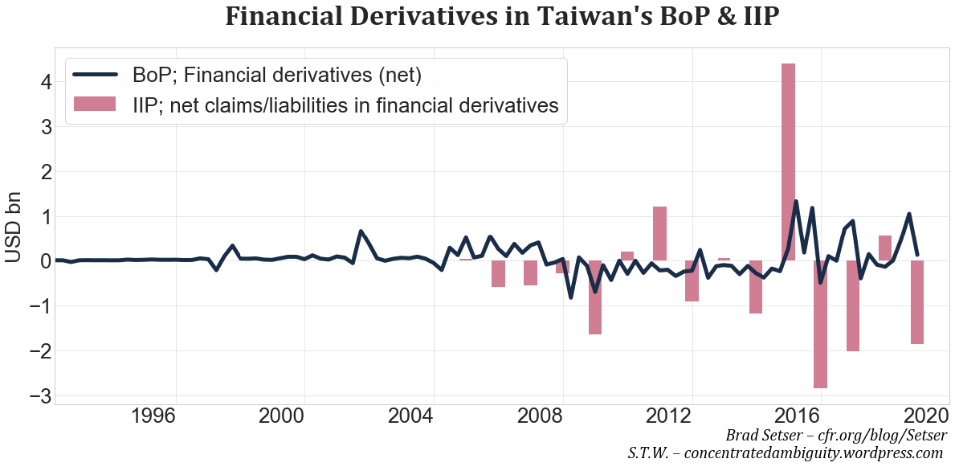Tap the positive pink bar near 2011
point(659,233)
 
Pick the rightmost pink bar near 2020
point(916,302)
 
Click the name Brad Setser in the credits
point(763,435)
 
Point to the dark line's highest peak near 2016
point(796,202)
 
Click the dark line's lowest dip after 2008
point(570,297)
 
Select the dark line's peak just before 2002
point(361,231)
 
